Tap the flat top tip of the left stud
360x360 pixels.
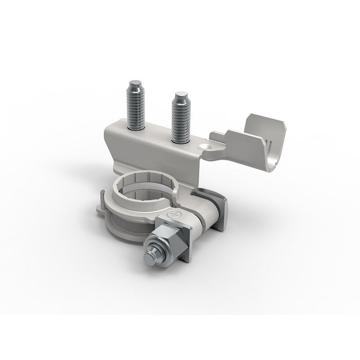tap(136, 83)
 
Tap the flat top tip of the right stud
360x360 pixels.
tap(180, 95)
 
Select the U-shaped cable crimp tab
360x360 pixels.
tap(252, 147)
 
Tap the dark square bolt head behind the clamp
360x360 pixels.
tap(219, 211)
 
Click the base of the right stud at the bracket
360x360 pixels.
tap(181, 140)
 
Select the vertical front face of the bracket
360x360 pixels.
tap(154, 157)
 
